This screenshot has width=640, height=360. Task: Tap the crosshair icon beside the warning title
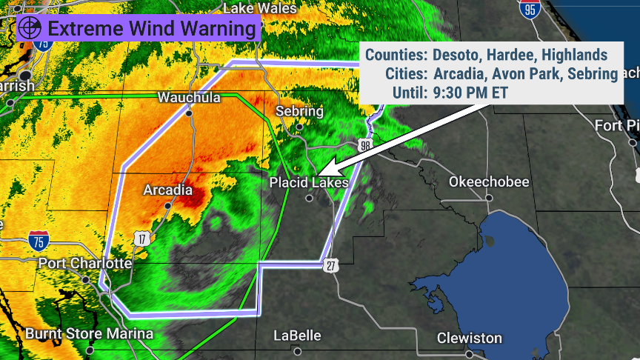30,30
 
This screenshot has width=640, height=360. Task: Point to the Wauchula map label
190,98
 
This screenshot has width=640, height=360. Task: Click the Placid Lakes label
308,182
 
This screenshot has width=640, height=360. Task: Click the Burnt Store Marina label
89,334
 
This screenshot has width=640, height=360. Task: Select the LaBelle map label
297,336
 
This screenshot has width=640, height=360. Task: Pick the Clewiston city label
469,338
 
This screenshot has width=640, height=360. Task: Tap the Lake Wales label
259,9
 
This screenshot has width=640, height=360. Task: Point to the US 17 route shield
141,238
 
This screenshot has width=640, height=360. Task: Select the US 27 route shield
330,264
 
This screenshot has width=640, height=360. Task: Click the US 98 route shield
364,144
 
